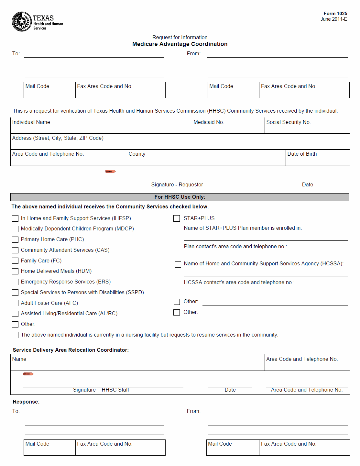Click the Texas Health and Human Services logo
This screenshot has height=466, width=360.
click(37, 22)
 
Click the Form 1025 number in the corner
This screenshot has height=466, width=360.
click(335, 14)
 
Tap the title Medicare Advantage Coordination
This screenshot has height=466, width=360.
click(180, 44)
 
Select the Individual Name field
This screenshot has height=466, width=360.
click(101, 126)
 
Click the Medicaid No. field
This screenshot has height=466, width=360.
click(228, 126)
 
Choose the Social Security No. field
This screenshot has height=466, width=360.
click(307, 126)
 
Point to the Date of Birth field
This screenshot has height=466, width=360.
click(317, 158)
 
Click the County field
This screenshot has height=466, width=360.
click(206, 158)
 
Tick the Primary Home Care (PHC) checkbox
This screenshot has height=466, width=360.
click(15, 240)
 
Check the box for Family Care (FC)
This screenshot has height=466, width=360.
click(15, 261)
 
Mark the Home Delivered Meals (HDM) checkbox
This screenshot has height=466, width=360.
click(15, 272)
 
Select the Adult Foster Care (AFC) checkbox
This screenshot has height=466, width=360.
click(15, 303)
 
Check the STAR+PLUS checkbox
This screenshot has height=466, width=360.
click(177, 219)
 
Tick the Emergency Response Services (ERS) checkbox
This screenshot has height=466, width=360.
click(15, 282)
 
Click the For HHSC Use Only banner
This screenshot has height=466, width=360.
click(180, 197)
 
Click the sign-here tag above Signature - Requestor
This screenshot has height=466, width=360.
click(110, 172)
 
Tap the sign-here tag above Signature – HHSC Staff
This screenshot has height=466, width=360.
click(28, 374)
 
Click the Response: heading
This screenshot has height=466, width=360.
click(26, 402)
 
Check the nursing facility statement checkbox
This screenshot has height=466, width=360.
click(15, 335)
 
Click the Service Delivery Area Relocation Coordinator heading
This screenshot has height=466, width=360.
click(71, 350)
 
